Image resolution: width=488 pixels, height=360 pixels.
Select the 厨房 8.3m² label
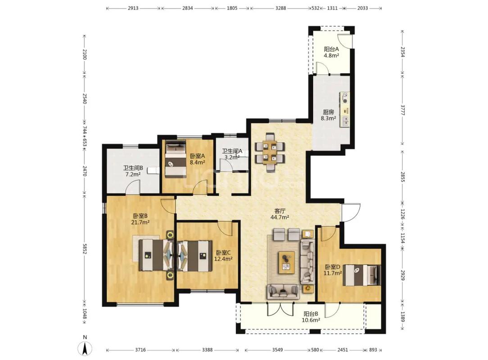[328, 115]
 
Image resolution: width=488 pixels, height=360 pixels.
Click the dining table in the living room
[270, 152]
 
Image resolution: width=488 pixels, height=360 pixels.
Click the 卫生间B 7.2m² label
[133, 171]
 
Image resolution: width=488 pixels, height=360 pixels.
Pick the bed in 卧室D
[362, 275]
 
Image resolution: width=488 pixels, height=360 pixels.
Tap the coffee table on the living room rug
[286, 262]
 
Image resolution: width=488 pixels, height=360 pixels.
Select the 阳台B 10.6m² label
[311, 317]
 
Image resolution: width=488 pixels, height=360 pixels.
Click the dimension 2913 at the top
[133, 8]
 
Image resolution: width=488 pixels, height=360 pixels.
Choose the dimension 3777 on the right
[403, 110]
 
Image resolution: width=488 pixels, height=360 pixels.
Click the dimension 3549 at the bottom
[277, 350]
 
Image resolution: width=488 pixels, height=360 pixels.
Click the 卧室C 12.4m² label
[223, 256]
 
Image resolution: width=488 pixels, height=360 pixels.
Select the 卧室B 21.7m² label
[140, 219]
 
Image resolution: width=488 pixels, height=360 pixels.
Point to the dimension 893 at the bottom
[373, 350]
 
